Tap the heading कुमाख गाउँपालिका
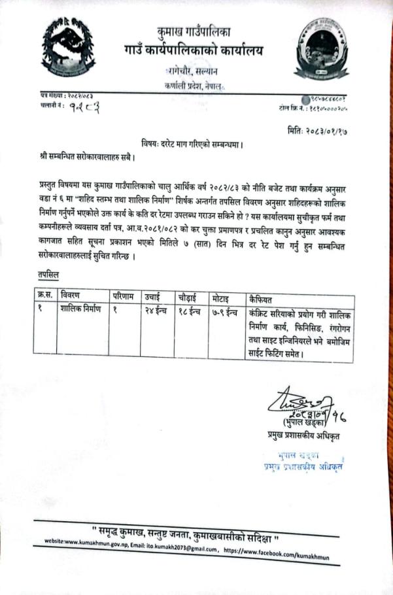click(x=194, y=31)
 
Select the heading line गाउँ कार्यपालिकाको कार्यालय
click(x=194, y=49)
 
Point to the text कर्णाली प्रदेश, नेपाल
click(x=194, y=86)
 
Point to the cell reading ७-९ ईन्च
click(x=226, y=310)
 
